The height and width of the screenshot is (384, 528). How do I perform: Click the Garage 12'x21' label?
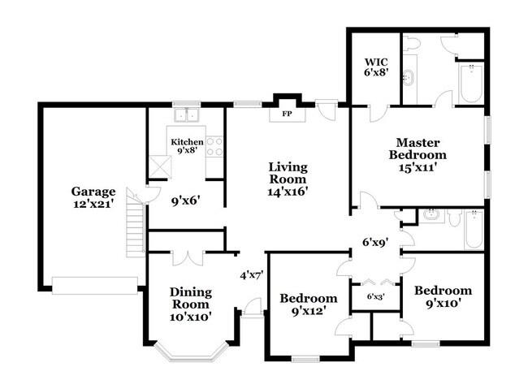click(x=93, y=198)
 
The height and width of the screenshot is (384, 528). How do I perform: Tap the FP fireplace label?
click(x=287, y=114)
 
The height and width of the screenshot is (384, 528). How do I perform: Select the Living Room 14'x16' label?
click(x=288, y=179)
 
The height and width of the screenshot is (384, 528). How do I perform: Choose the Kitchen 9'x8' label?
click(x=187, y=146)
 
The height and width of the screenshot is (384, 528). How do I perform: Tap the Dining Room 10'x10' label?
click(x=191, y=304)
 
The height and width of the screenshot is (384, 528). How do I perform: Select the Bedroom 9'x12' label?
click(x=308, y=304)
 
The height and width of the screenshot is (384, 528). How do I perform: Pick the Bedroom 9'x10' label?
click(x=443, y=296)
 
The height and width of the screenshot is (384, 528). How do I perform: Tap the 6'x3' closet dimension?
click(x=375, y=296)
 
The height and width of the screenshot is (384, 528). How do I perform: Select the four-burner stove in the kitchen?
click(x=215, y=146)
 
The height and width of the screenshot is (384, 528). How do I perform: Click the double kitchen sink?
click(x=188, y=115)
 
